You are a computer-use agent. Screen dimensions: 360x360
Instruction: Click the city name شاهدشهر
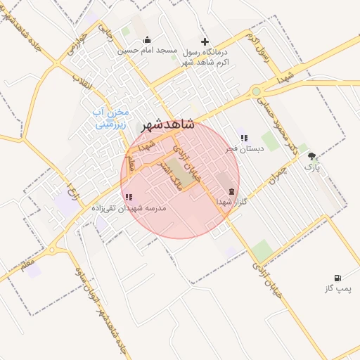pyautogui.click(x=167, y=124)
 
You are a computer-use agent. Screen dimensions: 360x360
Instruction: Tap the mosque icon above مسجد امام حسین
pyautogui.click(x=146, y=40)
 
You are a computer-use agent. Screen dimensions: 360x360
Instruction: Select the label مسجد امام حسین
pyautogui.click(x=148, y=51)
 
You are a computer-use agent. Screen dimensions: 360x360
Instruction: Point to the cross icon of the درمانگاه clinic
pyautogui.click(x=205, y=41)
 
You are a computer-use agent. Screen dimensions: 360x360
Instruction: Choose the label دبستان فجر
pyautogui.click(x=244, y=149)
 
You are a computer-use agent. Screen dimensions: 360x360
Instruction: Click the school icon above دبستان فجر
pyautogui.click(x=244, y=139)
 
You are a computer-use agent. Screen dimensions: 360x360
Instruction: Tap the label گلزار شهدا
pyautogui.click(x=232, y=202)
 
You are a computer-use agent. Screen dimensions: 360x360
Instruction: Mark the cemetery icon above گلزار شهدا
pyautogui.click(x=231, y=192)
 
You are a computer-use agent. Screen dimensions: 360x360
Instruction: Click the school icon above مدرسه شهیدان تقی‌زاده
pyautogui.click(x=127, y=198)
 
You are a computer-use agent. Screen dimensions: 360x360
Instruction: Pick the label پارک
pyautogui.click(x=311, y=168)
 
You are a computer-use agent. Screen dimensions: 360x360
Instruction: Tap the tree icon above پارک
pyautogui.click(x=311, y=157)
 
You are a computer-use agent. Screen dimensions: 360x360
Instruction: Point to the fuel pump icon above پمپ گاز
pyautogui.click(x=340, y=278)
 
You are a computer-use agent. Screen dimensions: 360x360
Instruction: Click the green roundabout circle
pyautogui.click(x=256, y=91)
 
